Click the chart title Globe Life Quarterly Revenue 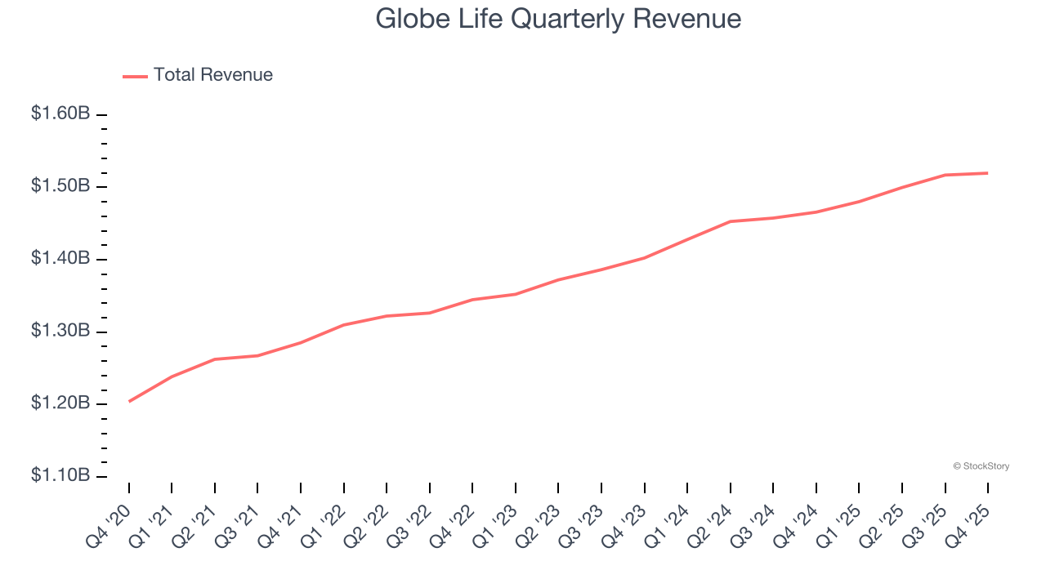(x=558, y=19)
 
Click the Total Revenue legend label (x=212, y=75)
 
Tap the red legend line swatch (x=135, y=76)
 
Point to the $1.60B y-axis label (x=60, y=114)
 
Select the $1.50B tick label (x=60, y=186)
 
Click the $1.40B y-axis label (x=60, y=259)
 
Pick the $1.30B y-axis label (x=60, y=331)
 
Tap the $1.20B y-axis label (x=60, y=403)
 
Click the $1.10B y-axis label (x=60, y=476)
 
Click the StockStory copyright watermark (x=981, y=466)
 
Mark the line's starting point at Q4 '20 (x=129, y=401)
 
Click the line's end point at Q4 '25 (x=987, y=173)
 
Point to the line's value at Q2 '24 (x=730, y=221)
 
